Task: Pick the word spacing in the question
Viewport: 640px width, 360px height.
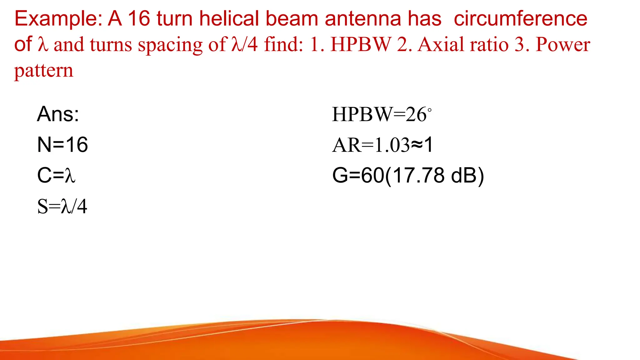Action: [170, 45]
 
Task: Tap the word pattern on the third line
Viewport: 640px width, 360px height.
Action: [44, 70]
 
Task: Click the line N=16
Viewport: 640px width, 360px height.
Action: [62, 144]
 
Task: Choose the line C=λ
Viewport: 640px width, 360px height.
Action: [56, 175]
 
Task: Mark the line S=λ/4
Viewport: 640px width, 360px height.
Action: [62, 206]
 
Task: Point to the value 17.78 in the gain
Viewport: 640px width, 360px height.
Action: [419, 175]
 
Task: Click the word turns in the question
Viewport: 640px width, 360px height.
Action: [111, 45]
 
